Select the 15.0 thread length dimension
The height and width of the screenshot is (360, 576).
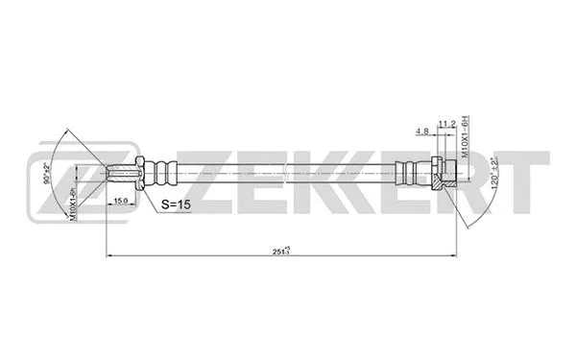(x=122, y=201)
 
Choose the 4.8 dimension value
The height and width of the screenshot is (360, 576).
(x=422, y=131)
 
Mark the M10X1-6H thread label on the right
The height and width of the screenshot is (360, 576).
(x=464, y=140)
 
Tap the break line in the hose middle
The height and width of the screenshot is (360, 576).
(x=288, y=174)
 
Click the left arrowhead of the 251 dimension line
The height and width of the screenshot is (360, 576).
(x=108, y=255)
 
